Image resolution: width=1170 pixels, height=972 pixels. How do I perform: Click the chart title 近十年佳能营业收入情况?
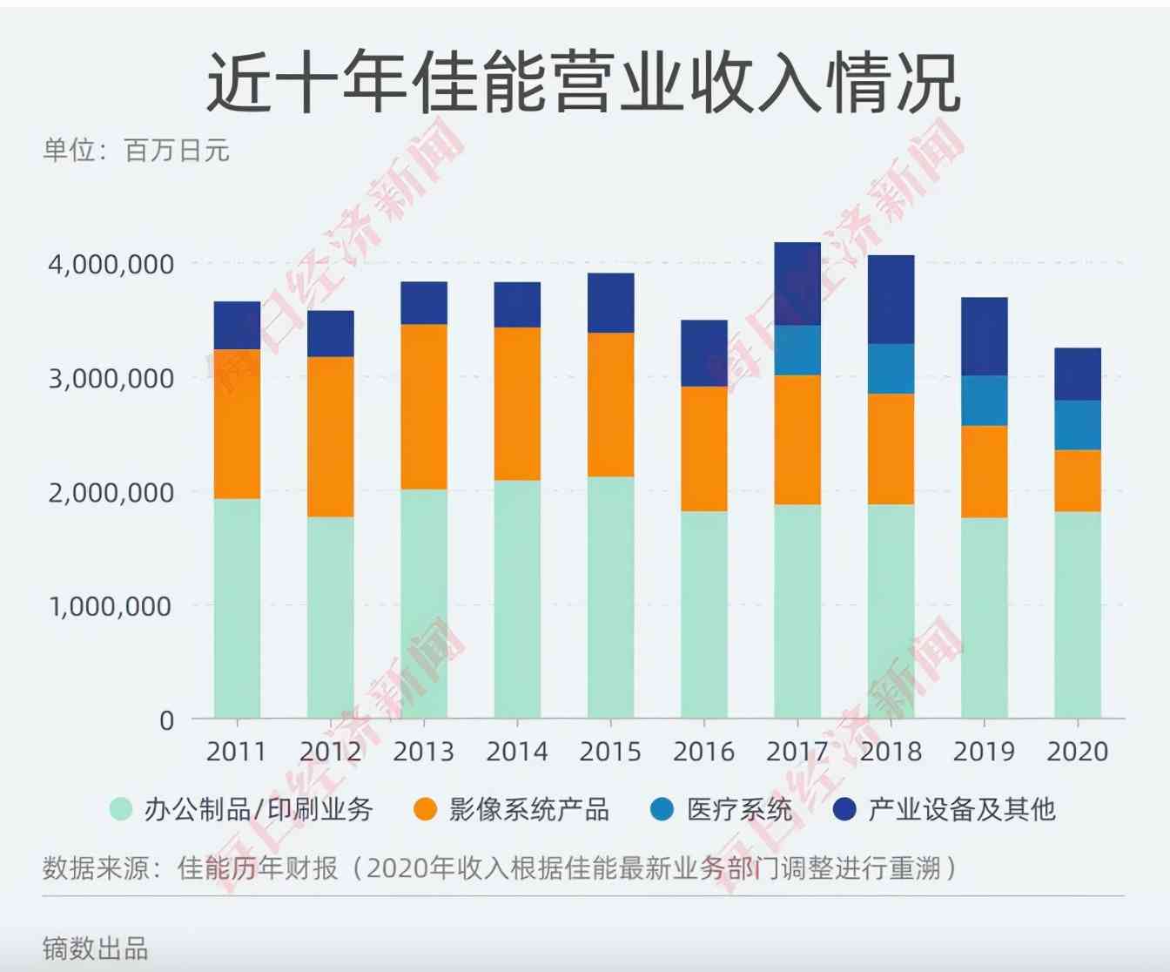(583, 83)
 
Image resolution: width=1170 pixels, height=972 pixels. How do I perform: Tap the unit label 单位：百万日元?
(136, 151)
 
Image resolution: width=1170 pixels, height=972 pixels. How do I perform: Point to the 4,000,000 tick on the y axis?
(111, 264)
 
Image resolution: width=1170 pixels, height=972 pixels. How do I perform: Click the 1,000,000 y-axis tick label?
(111, 606)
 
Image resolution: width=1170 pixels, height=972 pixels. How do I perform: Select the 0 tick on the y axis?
(166, 720)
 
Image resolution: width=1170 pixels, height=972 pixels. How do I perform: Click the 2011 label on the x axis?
(237, 751)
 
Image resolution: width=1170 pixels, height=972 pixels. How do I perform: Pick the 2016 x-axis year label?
(703, 751)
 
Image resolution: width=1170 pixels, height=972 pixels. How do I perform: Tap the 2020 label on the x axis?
(1077, 751)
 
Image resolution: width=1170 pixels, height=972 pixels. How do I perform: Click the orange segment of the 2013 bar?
(424, 406)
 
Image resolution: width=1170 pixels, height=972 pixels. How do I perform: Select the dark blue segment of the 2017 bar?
(797, 284)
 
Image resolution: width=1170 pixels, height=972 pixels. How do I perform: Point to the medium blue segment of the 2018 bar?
(891, 368)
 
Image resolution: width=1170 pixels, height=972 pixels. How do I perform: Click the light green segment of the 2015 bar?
(610, 597)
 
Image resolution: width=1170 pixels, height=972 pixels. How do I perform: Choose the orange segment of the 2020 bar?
(1077, 480)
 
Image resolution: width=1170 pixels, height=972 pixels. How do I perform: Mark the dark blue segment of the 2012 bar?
(331, 334)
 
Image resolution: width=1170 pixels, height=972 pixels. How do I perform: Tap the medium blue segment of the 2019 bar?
(984, 401)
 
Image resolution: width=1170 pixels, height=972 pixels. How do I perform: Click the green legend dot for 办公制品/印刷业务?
(121, 809)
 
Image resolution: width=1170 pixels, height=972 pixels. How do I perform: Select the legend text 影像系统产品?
(528, 809)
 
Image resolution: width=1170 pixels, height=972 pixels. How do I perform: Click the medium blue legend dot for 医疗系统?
(662, 809)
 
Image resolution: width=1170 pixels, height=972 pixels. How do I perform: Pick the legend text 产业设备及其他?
(961, 809)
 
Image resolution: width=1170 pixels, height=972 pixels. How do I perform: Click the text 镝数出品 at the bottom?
(95, 948)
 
